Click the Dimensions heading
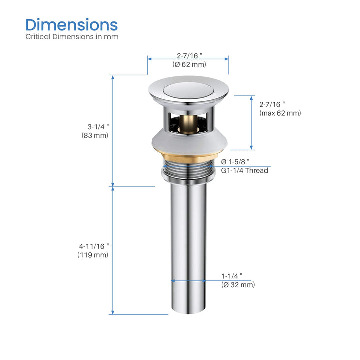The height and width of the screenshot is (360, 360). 72,25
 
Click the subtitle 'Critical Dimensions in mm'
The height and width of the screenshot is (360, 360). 72,37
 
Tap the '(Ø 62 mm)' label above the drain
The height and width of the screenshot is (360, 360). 189,64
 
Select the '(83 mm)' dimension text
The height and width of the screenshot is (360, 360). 95,135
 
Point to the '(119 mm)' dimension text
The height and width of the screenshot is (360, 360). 93,255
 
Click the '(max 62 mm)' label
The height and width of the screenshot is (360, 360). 280,113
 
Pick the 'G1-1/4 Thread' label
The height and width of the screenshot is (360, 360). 244,171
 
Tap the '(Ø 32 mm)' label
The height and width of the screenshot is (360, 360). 238,285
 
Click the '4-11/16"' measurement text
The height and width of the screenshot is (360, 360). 94,246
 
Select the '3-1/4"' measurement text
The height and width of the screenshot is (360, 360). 98,127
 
